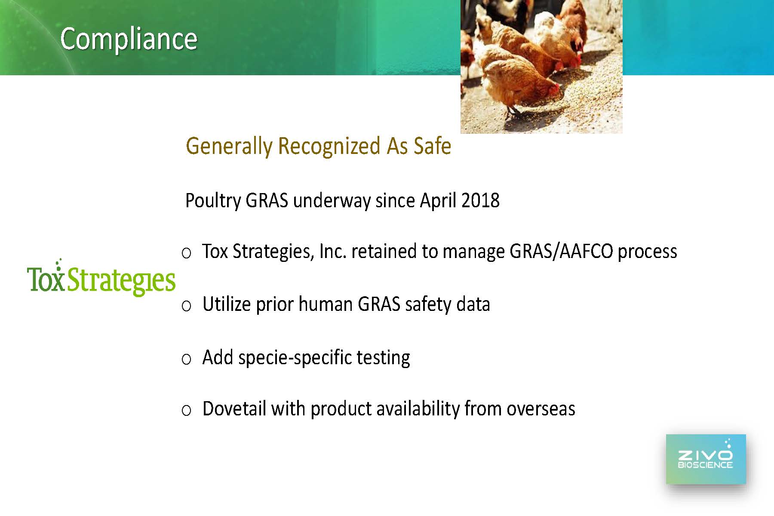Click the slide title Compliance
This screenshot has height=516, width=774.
129,39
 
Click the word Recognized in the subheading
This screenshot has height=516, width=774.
329,146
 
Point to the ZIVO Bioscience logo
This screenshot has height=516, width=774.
706,459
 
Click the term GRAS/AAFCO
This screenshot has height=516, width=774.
561,252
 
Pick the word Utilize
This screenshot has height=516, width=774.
227,304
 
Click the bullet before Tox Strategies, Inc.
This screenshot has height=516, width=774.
186,253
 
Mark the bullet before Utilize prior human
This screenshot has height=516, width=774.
186,306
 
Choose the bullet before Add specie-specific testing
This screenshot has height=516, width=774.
186,359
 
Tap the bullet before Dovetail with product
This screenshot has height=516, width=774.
186,411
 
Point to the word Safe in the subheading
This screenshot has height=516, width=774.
433,146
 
